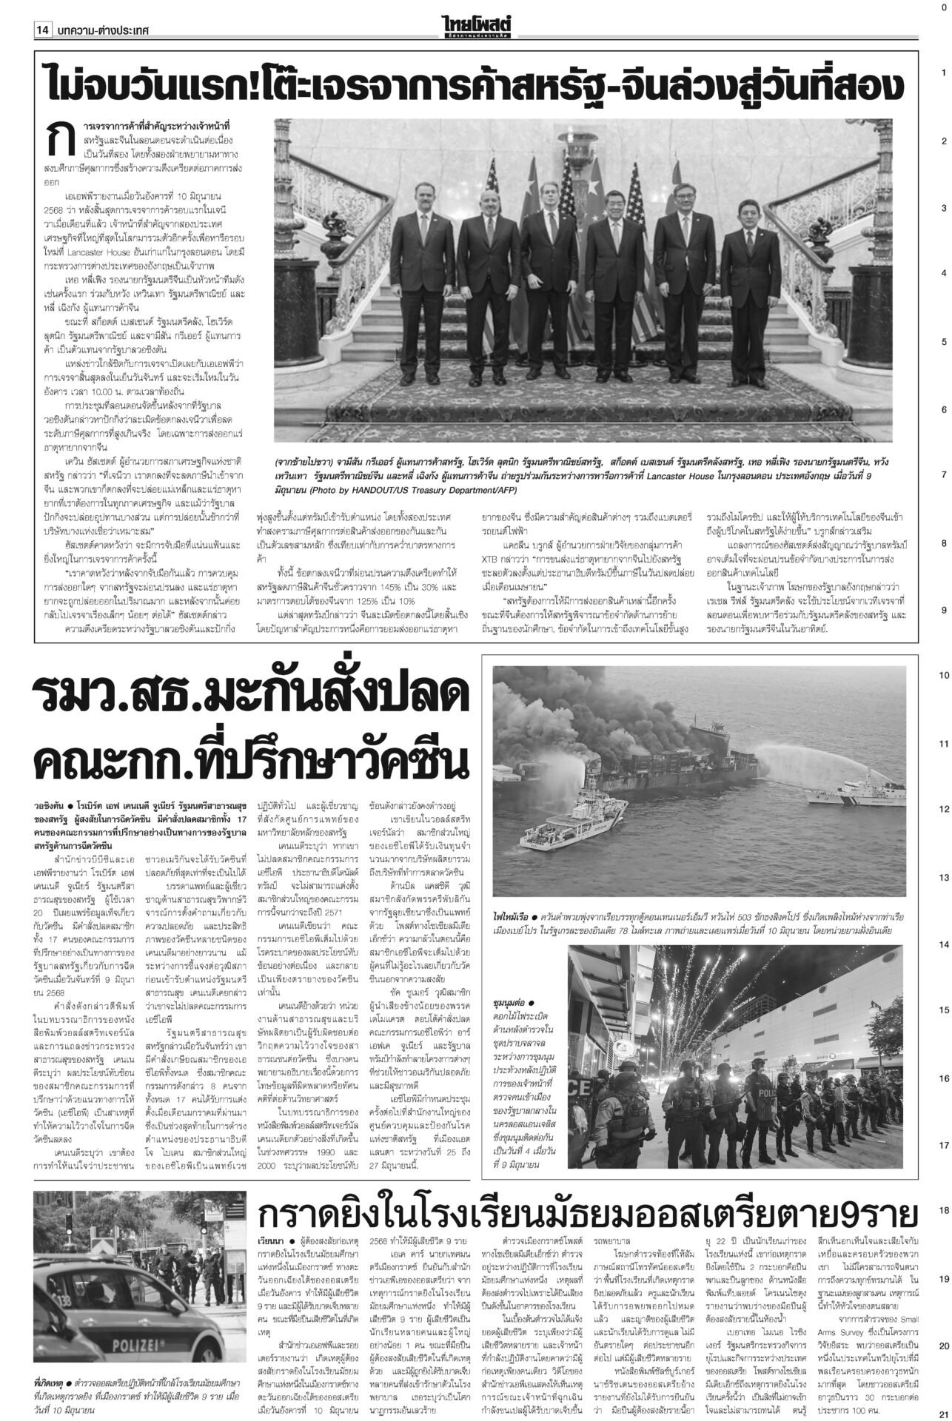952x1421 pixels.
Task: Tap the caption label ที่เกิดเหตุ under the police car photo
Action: (50, 1383)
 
